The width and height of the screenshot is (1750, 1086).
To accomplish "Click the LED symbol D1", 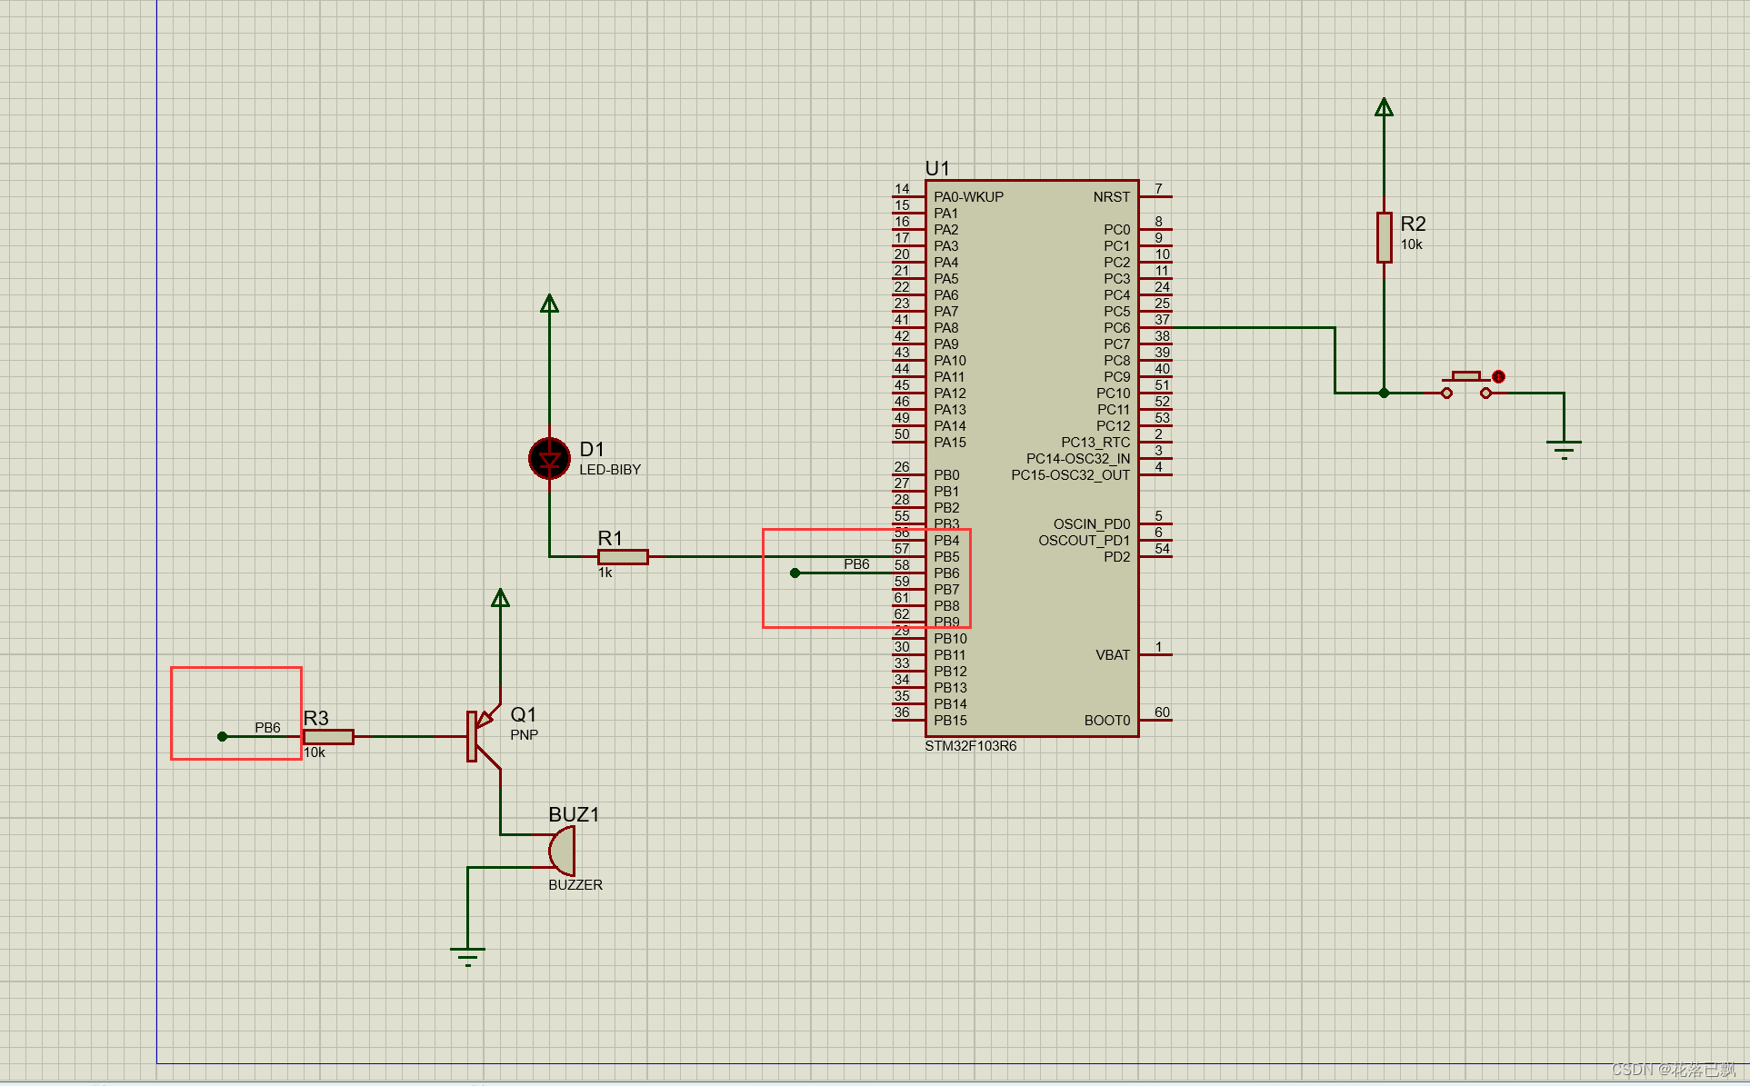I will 549,459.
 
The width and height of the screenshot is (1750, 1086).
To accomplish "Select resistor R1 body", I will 623,556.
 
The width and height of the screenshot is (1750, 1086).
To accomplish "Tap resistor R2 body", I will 1384,237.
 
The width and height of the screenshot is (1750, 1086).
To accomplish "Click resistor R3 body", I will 328,736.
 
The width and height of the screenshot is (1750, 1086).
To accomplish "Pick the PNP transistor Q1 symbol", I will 482,735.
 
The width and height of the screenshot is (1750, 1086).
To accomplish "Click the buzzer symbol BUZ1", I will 563,852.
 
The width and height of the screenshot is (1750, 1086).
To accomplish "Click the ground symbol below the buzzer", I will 467,954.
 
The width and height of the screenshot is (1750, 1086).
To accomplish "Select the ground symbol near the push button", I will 1564,448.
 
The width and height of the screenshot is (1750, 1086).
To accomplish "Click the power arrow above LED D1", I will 549,304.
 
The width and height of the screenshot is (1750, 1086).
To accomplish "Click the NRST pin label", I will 1111,196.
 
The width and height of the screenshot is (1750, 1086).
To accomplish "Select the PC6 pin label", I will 1116,327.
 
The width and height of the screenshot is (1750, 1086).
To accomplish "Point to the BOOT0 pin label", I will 1106,720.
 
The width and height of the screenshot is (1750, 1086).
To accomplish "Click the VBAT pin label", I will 1113,654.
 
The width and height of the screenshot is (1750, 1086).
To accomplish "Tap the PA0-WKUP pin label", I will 968,196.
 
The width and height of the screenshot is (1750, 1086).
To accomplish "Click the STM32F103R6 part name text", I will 970,746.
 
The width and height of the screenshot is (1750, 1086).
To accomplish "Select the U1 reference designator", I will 936,168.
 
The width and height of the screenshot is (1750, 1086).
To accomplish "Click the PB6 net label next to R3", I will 267,727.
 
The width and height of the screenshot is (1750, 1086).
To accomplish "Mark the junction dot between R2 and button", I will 1384,393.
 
